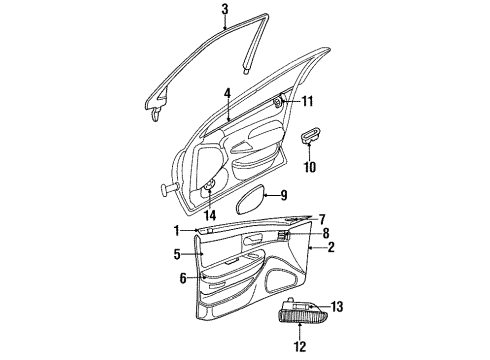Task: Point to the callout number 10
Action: (x=311, y=166)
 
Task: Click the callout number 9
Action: (x=283, y=196)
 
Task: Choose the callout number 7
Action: (x=321, y=219)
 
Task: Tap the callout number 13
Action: (x=338, y=307)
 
